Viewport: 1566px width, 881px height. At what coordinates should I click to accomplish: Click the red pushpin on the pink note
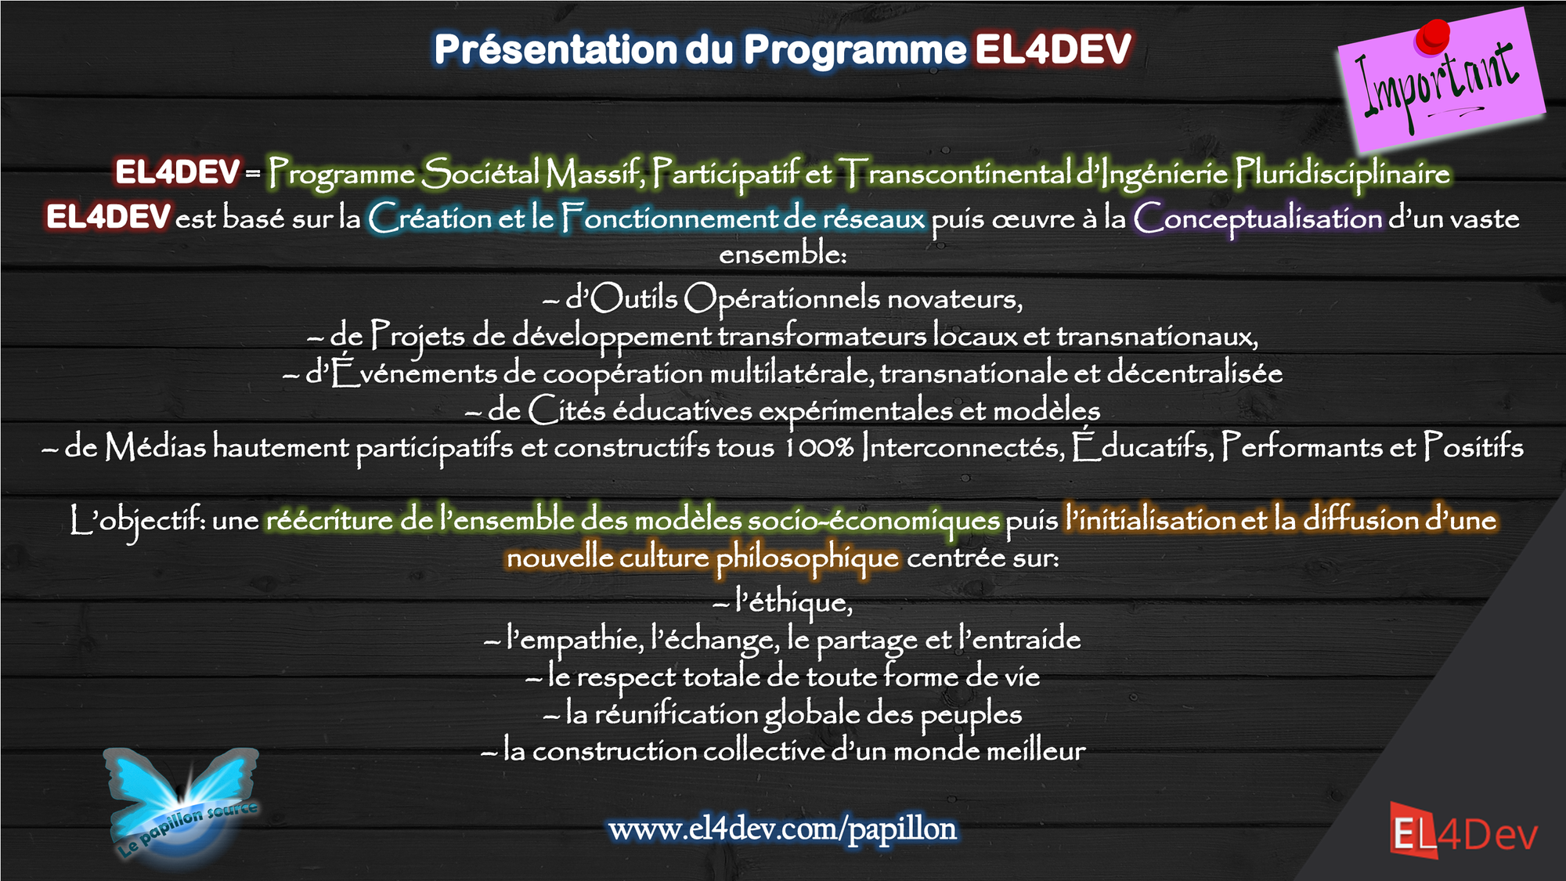tap(1432, 38)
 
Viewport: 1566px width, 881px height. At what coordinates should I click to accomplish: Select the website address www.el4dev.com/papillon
tap(782, 829)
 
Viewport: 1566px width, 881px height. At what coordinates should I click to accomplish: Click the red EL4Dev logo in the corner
tap(1463, 831)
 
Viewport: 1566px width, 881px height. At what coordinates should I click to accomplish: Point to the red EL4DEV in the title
tap(1053, 49)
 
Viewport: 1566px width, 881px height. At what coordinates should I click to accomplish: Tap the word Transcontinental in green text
tap(954, 173)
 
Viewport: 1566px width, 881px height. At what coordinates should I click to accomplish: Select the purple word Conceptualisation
tap(1257, 218)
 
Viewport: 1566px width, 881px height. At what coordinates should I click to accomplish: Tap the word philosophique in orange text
tap(807, 559)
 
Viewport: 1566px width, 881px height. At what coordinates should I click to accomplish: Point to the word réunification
tap(676, 714)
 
